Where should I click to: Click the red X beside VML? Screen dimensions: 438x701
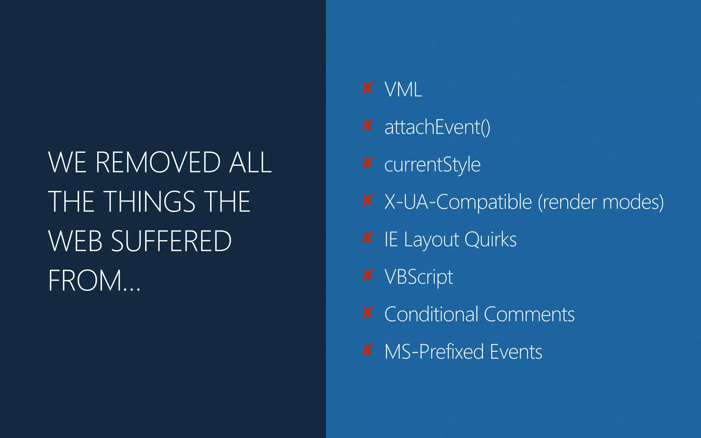367,88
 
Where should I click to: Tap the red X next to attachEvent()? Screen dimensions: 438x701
367,125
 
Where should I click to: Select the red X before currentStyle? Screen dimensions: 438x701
367,163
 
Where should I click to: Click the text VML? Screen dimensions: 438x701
403,90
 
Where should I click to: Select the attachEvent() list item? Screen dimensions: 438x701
437,127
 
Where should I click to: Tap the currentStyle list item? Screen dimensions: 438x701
432,165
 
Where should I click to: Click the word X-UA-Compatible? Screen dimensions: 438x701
458,202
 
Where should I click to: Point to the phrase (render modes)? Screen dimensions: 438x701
601,202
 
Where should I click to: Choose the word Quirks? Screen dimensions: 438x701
490,239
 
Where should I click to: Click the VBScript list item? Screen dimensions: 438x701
419,277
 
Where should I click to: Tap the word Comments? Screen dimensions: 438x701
529,314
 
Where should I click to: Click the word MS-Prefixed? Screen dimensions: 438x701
434,351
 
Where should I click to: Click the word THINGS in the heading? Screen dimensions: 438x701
150,202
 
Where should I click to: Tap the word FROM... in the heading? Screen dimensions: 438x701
94,280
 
